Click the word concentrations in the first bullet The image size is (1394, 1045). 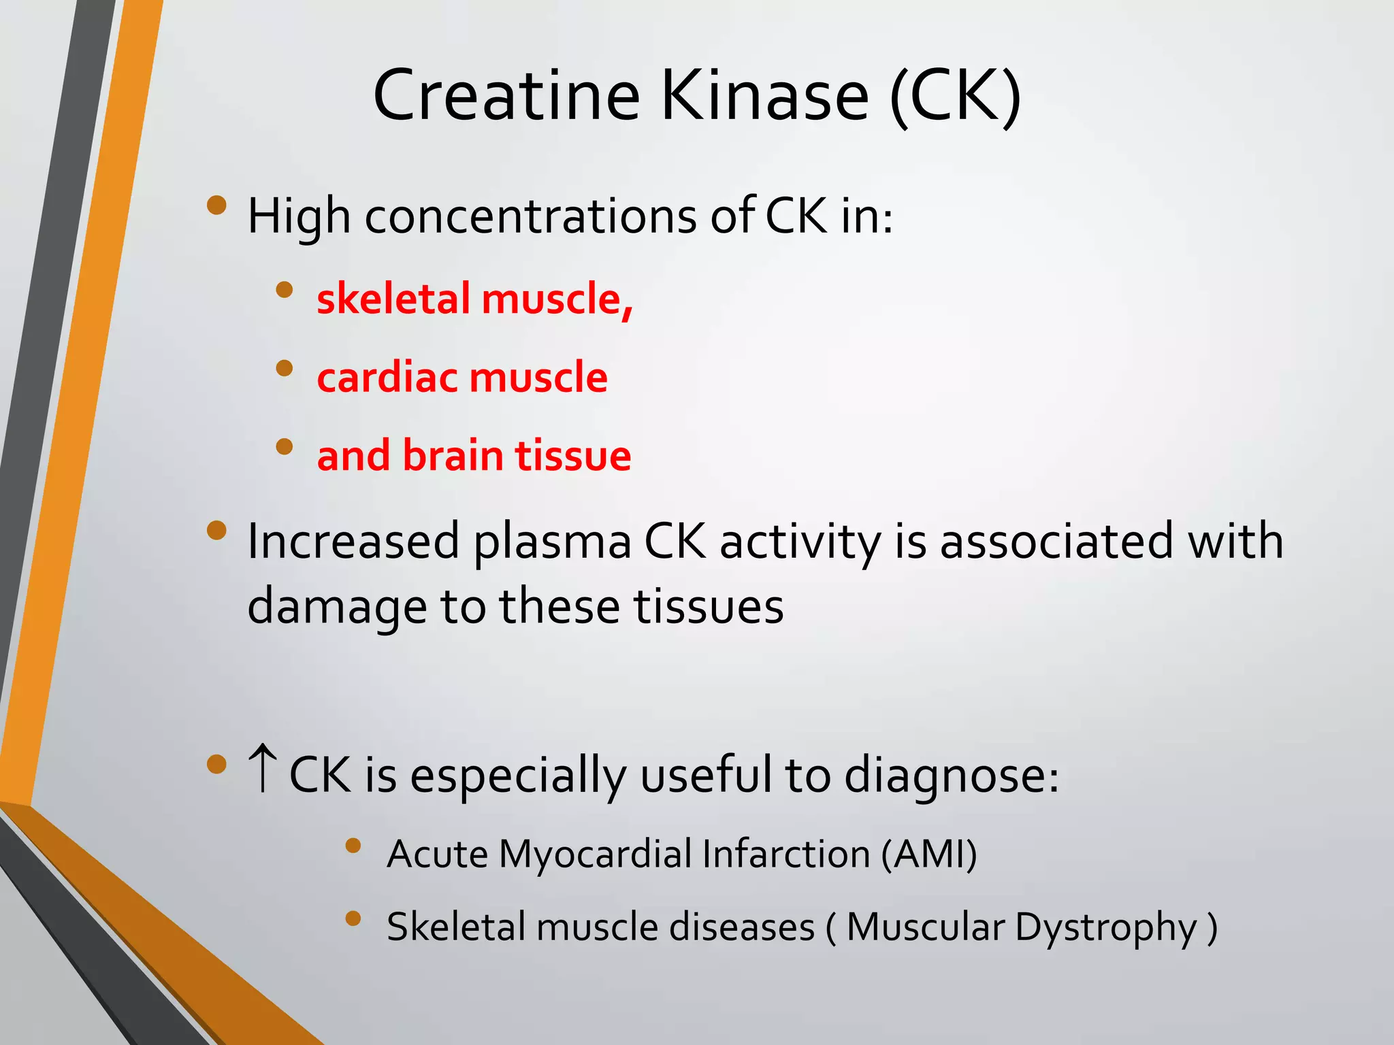[x=531, y=216]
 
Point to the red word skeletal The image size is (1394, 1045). [x=393, y=299]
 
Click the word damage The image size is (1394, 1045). [x=336, y=607]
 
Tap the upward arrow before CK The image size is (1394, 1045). [x=263, y=769]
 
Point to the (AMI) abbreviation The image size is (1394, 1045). [x=929, y=854]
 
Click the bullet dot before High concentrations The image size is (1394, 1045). [x=216, y=205]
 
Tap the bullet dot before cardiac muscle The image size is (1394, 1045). [x=284, y=369]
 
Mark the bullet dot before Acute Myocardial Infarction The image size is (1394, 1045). [x=353, y=846]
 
